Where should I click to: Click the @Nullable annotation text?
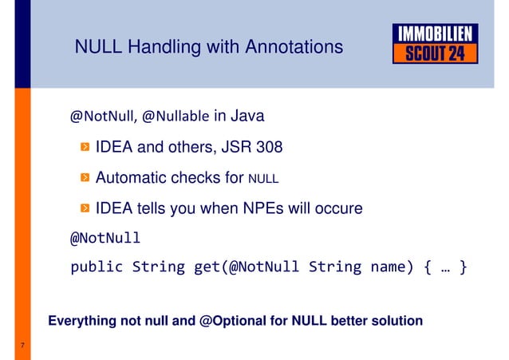[176, 118]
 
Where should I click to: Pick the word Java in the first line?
[247, 117]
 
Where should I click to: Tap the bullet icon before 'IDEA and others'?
[85, 148]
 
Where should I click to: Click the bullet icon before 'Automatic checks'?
[85, 179]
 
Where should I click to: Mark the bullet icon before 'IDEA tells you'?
[85, 209]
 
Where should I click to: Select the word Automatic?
[132, 178]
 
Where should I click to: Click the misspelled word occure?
[339, 208]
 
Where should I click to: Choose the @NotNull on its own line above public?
[106, 238]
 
